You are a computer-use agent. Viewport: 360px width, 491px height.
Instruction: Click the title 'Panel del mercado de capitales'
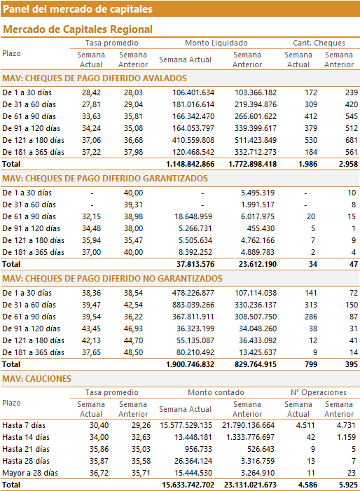click(78, 9)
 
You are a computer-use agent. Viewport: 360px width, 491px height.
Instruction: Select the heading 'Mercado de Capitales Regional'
click(78, 29)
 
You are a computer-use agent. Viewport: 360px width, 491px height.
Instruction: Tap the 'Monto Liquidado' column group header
click(216, 43)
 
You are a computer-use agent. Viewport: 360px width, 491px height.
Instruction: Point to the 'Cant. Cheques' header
click(319, 43)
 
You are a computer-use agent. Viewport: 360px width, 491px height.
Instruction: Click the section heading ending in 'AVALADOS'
click(95, 78)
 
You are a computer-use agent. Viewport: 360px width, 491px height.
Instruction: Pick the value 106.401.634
click(193, 92)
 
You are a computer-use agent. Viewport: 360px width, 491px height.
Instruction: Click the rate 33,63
click(92, 116)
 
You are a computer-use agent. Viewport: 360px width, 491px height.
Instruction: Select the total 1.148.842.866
click(191, 164)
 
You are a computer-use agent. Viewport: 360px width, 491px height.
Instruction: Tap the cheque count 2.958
click(348, 164)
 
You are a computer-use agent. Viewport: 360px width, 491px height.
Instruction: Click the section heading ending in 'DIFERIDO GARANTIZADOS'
click(105, 179)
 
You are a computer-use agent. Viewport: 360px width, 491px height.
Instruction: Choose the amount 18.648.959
click(193, 216)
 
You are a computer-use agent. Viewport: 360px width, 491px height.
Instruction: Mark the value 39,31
click(133, 205)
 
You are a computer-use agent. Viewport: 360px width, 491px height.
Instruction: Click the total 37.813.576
click(195, 264)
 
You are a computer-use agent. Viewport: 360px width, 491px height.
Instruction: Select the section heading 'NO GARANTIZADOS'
click(112, 279)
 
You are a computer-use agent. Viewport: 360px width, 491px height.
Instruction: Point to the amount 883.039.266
click(193, 305)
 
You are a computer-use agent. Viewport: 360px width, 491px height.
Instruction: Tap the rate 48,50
click(133, 352)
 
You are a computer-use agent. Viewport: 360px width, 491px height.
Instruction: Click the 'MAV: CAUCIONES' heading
click(36, 379)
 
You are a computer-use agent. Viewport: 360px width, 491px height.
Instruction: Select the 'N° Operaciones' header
click(319, 392)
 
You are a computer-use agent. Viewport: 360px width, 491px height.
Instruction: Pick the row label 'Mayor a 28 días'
click(30, 473)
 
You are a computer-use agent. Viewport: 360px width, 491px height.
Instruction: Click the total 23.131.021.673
click(250, 485)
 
